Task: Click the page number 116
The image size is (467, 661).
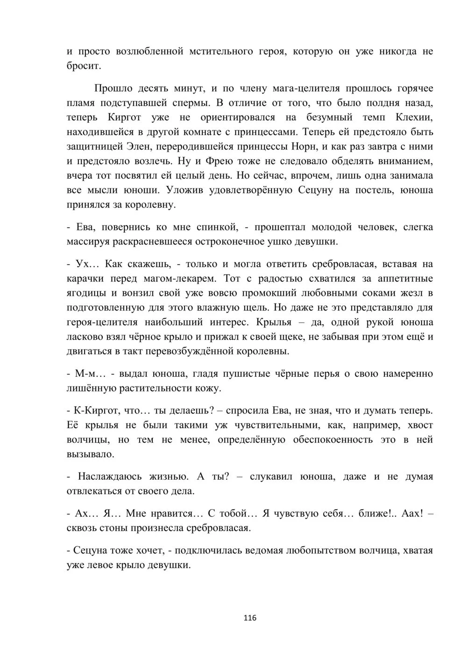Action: point(250,618)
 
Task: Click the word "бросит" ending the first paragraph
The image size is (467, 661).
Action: point(83,65)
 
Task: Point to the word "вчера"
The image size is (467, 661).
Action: point(80,176)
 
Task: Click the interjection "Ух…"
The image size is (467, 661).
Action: point(85,264)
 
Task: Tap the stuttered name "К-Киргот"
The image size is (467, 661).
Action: point(100,410)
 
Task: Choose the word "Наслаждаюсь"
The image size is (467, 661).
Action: point(109,476)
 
